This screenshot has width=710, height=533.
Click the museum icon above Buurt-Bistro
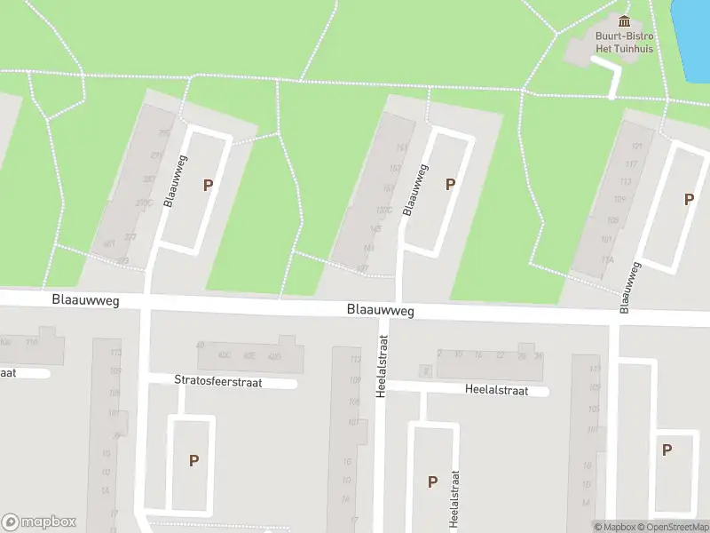click(624, 21)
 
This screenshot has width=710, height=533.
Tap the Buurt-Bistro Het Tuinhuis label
click(624, 43)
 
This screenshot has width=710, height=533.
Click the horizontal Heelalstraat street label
click(496, 390)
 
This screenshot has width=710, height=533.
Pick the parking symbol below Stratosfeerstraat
click(193, 460)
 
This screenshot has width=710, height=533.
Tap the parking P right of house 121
click(689, 200)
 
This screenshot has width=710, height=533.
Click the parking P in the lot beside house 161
click(450, 184)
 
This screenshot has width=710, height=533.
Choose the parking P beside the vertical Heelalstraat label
click(433, 481)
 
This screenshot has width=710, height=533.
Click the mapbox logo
click(39, 522)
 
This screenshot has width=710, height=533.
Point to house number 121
click(635, 146)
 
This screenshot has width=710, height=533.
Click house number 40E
click(249, 357)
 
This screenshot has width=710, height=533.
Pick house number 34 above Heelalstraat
click(538, 355)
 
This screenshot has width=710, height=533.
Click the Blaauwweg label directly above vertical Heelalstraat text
click(380, 311)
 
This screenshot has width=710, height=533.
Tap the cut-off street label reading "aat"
click(7, 373)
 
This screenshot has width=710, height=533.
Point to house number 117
click(631, 164)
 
